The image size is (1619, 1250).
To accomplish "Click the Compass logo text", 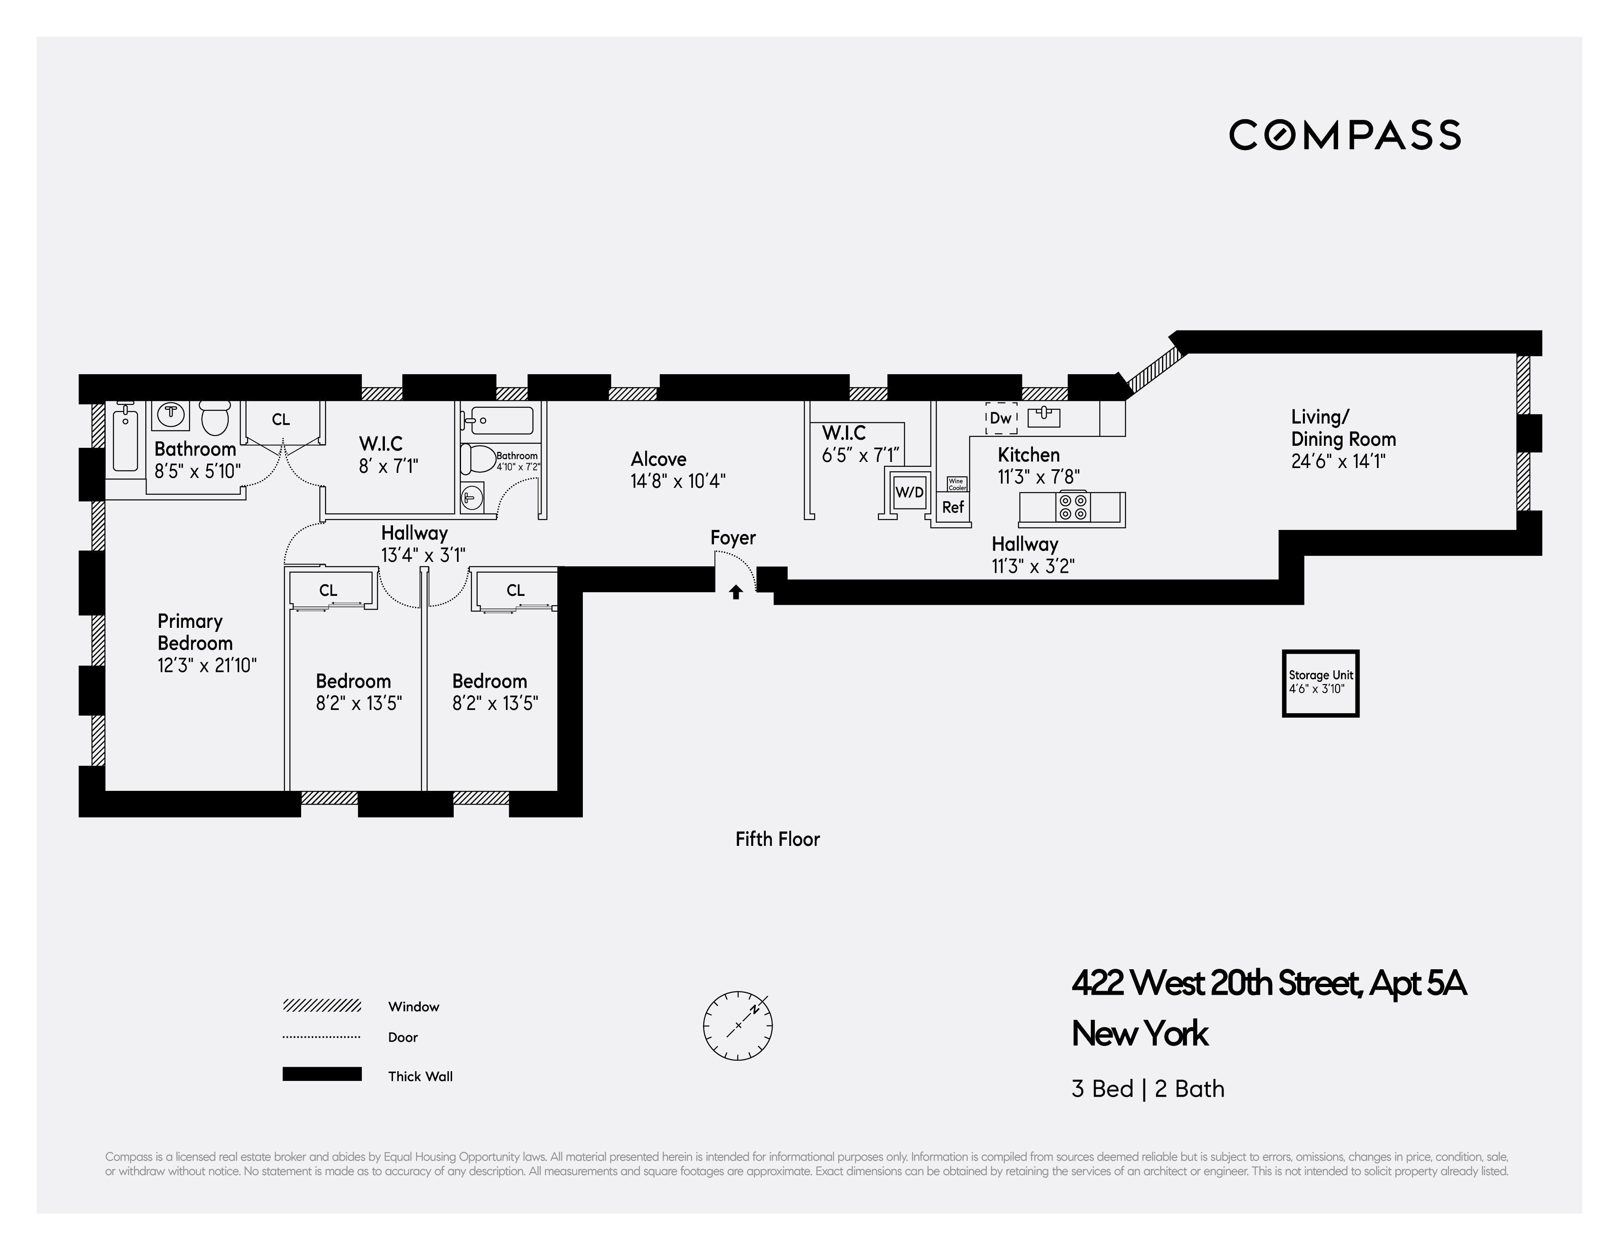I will (1345, 135).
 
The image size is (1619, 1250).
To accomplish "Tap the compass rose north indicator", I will (754, 1009).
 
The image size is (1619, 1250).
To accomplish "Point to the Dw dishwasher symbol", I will (1001, 418).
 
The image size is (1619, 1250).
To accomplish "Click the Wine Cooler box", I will (957, 484).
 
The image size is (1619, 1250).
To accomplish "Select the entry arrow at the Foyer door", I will (735, 592).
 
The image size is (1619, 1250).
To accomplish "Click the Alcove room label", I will (658, 460).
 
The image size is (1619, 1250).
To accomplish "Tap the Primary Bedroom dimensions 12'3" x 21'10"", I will (207, 665).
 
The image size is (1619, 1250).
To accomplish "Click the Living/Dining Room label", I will (1343, 428).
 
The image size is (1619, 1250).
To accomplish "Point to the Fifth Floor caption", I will (777, 839).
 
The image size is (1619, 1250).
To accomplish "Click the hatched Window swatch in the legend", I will (322, 1006).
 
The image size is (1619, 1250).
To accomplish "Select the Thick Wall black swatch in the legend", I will (322, 1074).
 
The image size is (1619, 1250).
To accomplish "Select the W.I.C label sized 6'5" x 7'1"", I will (843, 433).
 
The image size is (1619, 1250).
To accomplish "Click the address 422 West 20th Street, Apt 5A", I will (1268, 984).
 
